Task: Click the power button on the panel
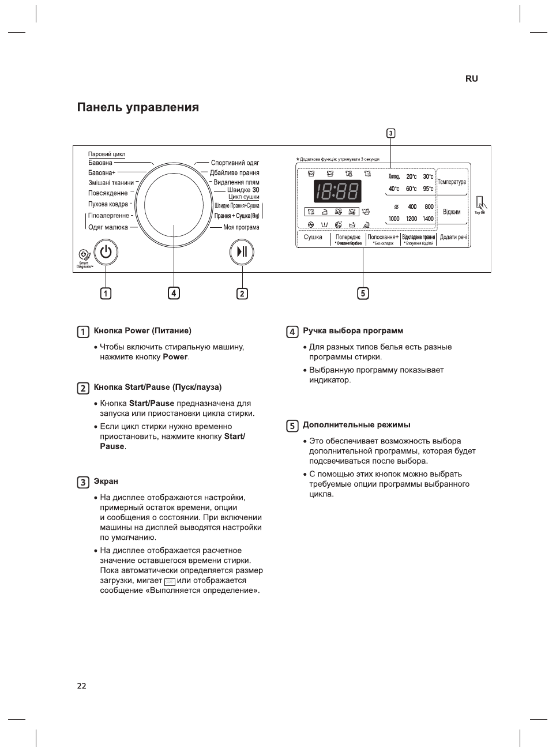pyautogui.click(x=106, y=252)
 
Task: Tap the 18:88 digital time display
pyautogui.click(x=337, y=191)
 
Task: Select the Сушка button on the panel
pyautogui.click(x=313, y=238)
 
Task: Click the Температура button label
pyautogui.click(x=452, y=182)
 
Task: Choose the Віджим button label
pyautogui.click(x=452, y=212)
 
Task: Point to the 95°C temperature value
pyautogui.click(x=428, y=189)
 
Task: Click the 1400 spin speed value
pyautogui.click(x=428, y=219)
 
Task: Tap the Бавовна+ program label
pyautogui.click(x=102, y=173)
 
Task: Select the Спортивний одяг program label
pyautogui.click(x=235, y=163)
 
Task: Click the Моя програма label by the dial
pyautogui.click(x=241, y=228)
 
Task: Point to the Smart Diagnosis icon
pyautogui.click(x=85, y=255)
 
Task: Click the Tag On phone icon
pyautogui.click(x=480, y=204)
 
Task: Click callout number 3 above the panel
pyautogui.click(x=390, y=134)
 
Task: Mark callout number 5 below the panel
pyautogui.click(x=363, y=294)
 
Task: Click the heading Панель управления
pyautogui.click(x=138, y=108)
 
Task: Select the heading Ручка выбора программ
pyautogui.click(x=353, y=331)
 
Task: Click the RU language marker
pyautogui.click(x=471, y=79)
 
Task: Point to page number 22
pyautogui.click(x=81, y=686)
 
